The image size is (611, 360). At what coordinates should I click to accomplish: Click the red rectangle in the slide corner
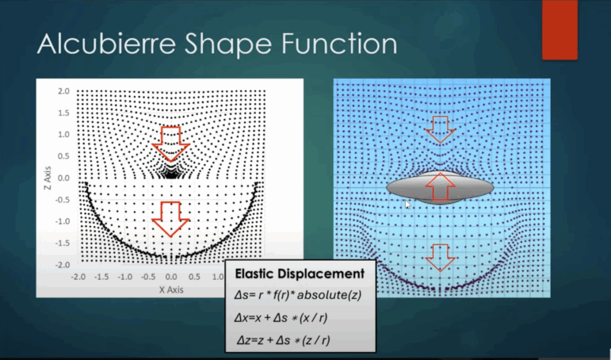point(560,30)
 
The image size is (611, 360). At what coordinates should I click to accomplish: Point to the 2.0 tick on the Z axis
point(63,91)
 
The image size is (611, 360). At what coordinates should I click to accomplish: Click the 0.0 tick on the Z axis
point(63,178)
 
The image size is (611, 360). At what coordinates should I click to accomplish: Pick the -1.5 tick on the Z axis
point(62,243)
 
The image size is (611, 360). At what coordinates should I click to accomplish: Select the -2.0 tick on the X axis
point(78,276)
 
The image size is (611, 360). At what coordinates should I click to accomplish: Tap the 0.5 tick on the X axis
point(194,276)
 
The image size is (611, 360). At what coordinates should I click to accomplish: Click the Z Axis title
point(48,178)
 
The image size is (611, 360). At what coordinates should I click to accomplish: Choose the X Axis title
point(171,290)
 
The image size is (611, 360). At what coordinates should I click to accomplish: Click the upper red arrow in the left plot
point(171,144)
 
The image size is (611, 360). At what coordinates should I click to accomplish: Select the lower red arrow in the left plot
point(171,219)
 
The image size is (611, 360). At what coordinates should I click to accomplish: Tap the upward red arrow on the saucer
point(440,187)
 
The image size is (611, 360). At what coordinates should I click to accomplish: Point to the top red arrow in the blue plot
point(440,130)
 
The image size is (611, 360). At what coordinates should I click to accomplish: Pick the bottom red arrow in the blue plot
point(440,258)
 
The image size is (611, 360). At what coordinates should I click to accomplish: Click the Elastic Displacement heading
point(300,273)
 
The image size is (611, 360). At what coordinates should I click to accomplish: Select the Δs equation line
point(298,295)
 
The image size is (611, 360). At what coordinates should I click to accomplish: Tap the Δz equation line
point(283,340)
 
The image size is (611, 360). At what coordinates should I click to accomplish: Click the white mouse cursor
point(408,204)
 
